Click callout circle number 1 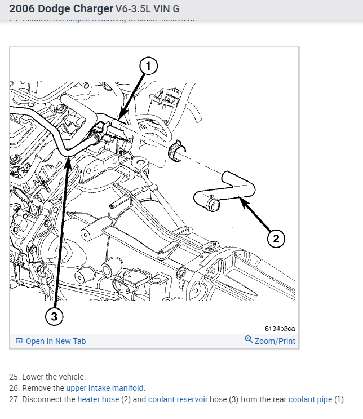tap(148, 67)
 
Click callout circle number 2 tap(276, 239)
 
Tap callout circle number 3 tap(54, 316)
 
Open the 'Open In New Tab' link tap(56, 341)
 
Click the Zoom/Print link tap(275, 341)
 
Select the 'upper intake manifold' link tap(105, 388)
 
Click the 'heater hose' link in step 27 tap(98, 399)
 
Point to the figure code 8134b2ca tap(280, 328)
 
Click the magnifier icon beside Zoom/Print tap(249, 339)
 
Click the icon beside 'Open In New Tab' tap(19, 341)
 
